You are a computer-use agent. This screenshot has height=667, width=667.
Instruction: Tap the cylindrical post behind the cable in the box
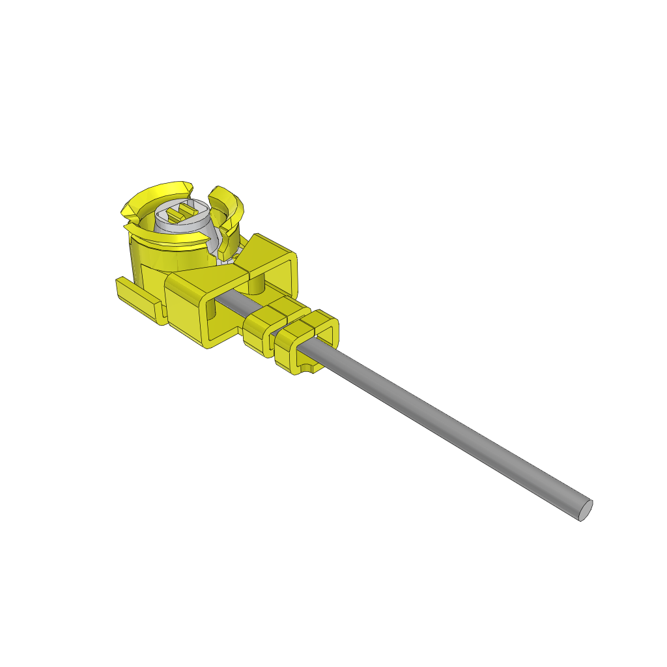(x=257, y=284)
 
